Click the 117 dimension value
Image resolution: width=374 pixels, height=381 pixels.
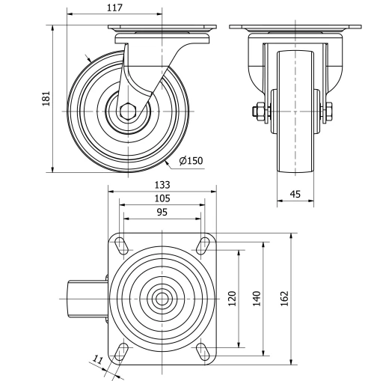114,7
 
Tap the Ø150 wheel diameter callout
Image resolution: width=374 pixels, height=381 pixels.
191,159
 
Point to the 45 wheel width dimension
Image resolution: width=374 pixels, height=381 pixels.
295,195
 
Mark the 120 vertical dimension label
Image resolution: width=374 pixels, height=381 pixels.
232,298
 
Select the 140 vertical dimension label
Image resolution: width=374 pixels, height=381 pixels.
257,298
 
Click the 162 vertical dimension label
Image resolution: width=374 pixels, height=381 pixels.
283,298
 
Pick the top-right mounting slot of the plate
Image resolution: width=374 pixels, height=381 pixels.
203,243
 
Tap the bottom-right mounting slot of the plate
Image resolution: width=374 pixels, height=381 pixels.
203,350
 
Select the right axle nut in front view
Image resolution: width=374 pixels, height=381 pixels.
328,113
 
